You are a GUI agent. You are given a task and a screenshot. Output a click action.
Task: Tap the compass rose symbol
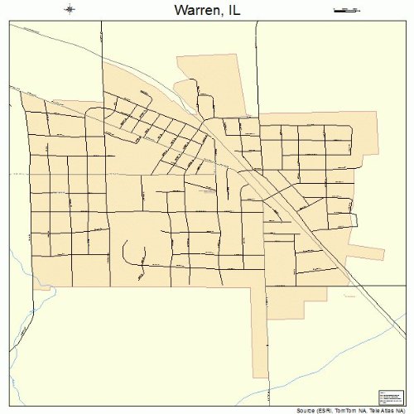(x=70, y=9)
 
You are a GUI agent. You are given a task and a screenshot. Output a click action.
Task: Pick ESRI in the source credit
(x=325, y=410)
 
